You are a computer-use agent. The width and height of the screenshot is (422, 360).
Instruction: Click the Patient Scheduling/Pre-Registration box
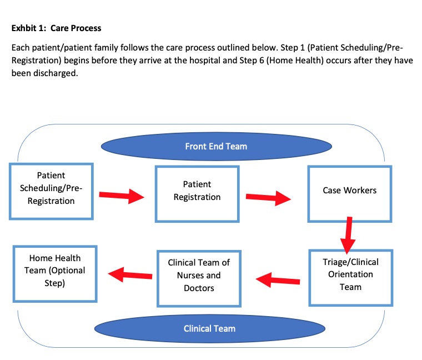pyautogui.click(x=51, y=191)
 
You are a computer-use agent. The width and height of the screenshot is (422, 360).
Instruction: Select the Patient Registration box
pyautogui.click(x=197, y=194)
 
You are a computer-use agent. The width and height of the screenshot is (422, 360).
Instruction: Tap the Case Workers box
pyautogui.click(x=349, y=193)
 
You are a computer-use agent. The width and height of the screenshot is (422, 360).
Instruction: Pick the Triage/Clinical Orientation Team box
pyautogui.click(x=350, y=277)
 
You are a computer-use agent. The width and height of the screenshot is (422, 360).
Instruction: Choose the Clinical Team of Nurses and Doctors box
pyautogui.click(x=199, y=278)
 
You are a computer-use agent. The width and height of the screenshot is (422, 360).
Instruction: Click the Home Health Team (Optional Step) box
pyautogui.click(x=55, y=274)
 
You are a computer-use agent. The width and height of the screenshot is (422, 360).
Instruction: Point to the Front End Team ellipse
pyautogui.click(x=216, y=146)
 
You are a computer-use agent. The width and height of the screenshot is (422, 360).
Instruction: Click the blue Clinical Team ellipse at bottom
pyautogui.click(x=209, y=328)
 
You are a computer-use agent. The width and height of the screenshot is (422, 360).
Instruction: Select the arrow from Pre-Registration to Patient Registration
pyautogui.click(x=122, y=196)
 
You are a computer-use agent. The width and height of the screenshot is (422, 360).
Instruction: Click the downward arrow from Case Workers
pyautogui.click(x=349, y=234)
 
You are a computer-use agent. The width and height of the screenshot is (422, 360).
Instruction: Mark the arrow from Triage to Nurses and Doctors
pyautogui.click(x=278, y=279)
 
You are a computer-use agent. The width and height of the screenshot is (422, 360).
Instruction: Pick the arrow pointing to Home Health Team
pyautogui.click(x=130, y=274)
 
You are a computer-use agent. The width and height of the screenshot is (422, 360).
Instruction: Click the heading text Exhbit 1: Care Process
pyautogui.click(x=56, y=28)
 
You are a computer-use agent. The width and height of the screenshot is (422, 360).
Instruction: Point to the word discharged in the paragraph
pyautogui.click(x=54, y=73)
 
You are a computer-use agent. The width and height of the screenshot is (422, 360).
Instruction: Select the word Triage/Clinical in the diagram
pyautogui.click(x=350, y=262)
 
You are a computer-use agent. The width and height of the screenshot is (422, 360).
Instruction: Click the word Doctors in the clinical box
pyautogui.click(x=199, y=288)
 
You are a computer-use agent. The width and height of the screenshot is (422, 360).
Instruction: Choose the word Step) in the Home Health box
pyautogui.click(x=55, y=283)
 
